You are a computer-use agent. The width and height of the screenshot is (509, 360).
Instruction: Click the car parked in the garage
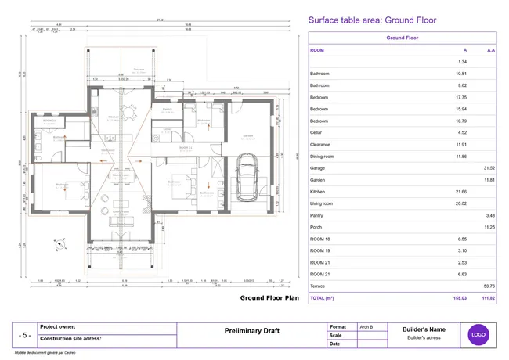(x=244, y=179)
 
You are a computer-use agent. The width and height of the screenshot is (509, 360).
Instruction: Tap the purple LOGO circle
(x=478, y=334)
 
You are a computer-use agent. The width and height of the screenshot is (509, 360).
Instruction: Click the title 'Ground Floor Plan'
(x=270, y=297)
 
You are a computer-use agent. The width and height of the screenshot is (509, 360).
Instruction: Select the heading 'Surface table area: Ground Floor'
(x=372, y=20)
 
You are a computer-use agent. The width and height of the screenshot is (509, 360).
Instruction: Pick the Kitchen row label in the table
(x=318, y=192)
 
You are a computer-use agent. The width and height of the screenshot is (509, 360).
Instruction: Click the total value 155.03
(x=460, y=298)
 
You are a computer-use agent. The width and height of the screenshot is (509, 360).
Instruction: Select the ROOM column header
(x=317, y=49)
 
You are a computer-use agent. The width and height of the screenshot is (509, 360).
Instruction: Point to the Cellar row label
(x=317, y=133)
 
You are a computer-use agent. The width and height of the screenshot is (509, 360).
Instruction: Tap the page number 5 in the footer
(x=25, y=335)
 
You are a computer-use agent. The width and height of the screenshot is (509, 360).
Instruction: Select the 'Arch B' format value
(x=366, y=326)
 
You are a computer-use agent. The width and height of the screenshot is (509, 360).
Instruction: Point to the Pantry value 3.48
(x=490, y=215)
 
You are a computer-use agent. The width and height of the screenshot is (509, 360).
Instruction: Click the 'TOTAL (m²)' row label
(x=323, y=298)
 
